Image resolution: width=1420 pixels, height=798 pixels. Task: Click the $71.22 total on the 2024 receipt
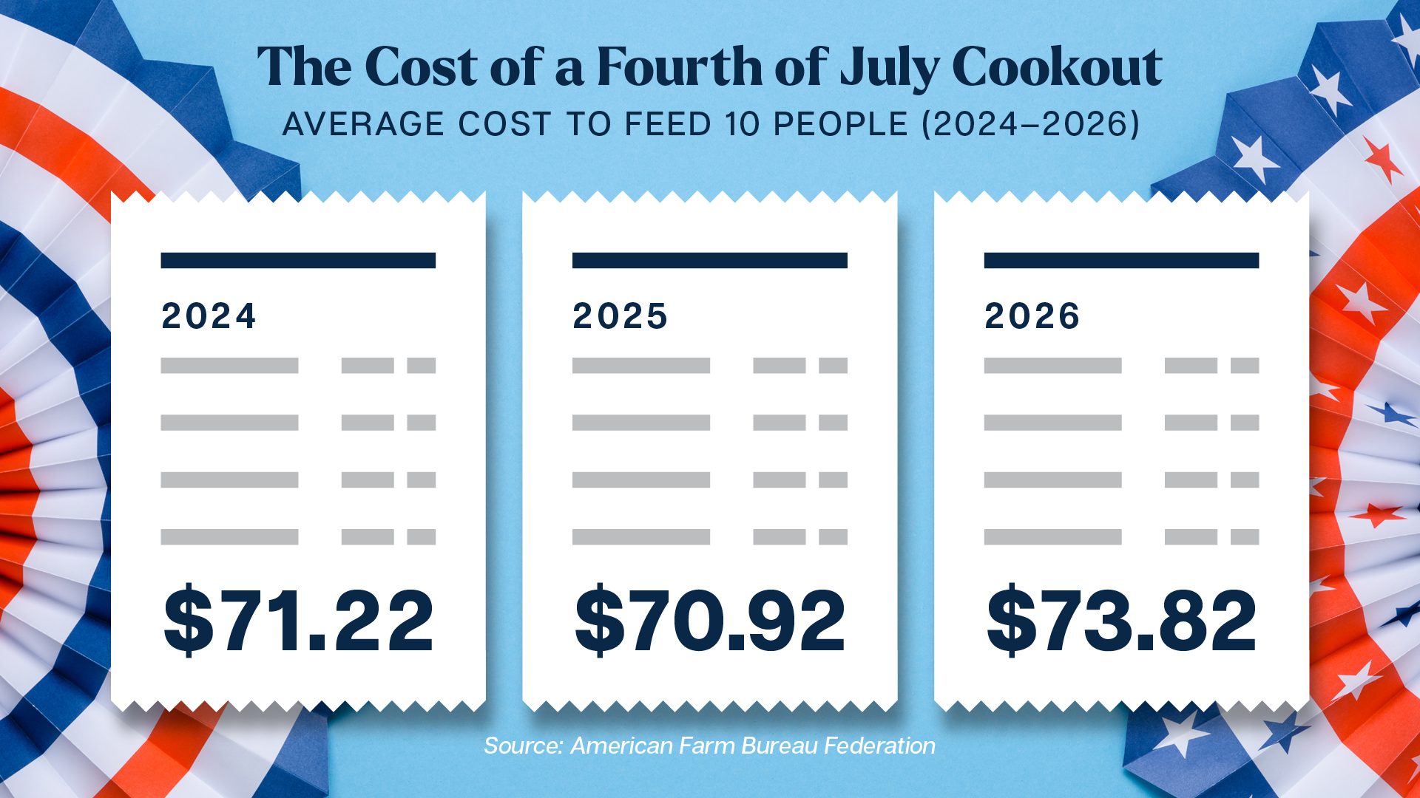pos(298,621)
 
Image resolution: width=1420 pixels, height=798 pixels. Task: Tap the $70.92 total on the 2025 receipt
pos(710,621)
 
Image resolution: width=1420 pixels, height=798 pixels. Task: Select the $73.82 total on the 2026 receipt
pos(1121,621)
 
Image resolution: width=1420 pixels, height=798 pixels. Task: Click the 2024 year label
pos(209,316)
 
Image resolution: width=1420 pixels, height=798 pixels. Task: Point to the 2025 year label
pos(620,316)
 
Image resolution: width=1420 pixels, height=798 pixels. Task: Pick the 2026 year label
pos(1032,316)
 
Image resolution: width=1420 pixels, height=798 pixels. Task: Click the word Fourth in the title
pos(680,66)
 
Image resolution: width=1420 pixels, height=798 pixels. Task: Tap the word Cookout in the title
pos(1058,66)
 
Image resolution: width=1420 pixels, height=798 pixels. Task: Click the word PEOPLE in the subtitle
pos(840,124)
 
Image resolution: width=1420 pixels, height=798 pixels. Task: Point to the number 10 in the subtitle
pos(743,124)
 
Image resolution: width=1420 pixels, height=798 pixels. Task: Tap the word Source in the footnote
pos(523,746)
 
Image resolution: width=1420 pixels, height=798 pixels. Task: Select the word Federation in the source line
pos(880,746)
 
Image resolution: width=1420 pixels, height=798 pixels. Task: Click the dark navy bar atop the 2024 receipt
pos(298,260)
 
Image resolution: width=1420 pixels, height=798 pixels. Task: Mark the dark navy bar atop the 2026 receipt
pos(1121,260)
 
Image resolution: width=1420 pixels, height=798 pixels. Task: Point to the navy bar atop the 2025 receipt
pos(710,260)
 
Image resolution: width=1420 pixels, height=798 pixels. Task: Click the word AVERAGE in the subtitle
pos(363,124)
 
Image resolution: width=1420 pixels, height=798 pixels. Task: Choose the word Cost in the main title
pos(421,66)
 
